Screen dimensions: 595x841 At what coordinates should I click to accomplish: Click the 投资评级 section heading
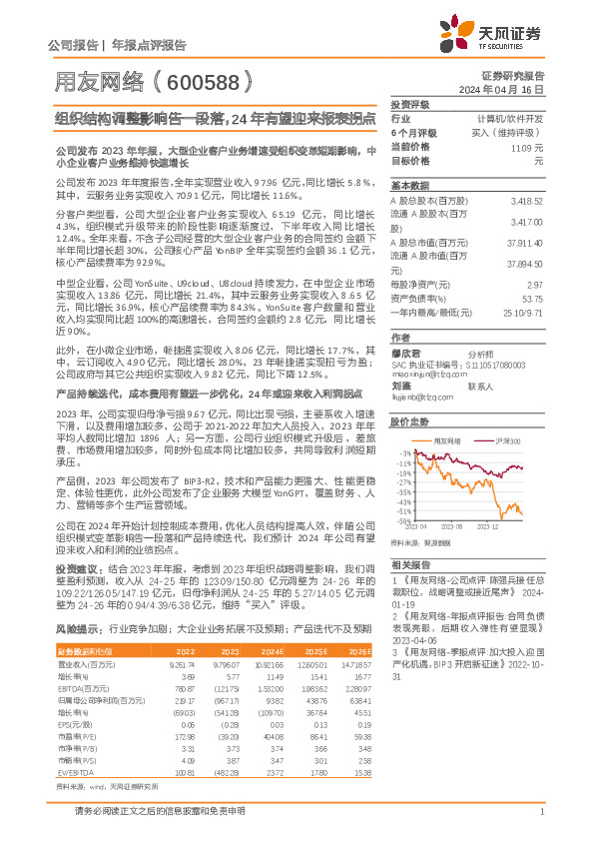pyautogui.click(x=409, y=104)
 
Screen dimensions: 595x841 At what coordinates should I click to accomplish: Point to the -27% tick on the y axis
pyautogui.click(x=405, y=509)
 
